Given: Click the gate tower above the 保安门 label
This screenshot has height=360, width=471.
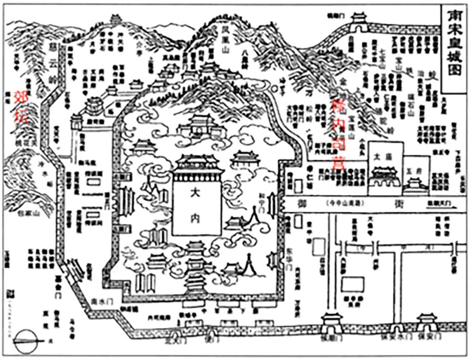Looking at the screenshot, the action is tap(426, 321).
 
